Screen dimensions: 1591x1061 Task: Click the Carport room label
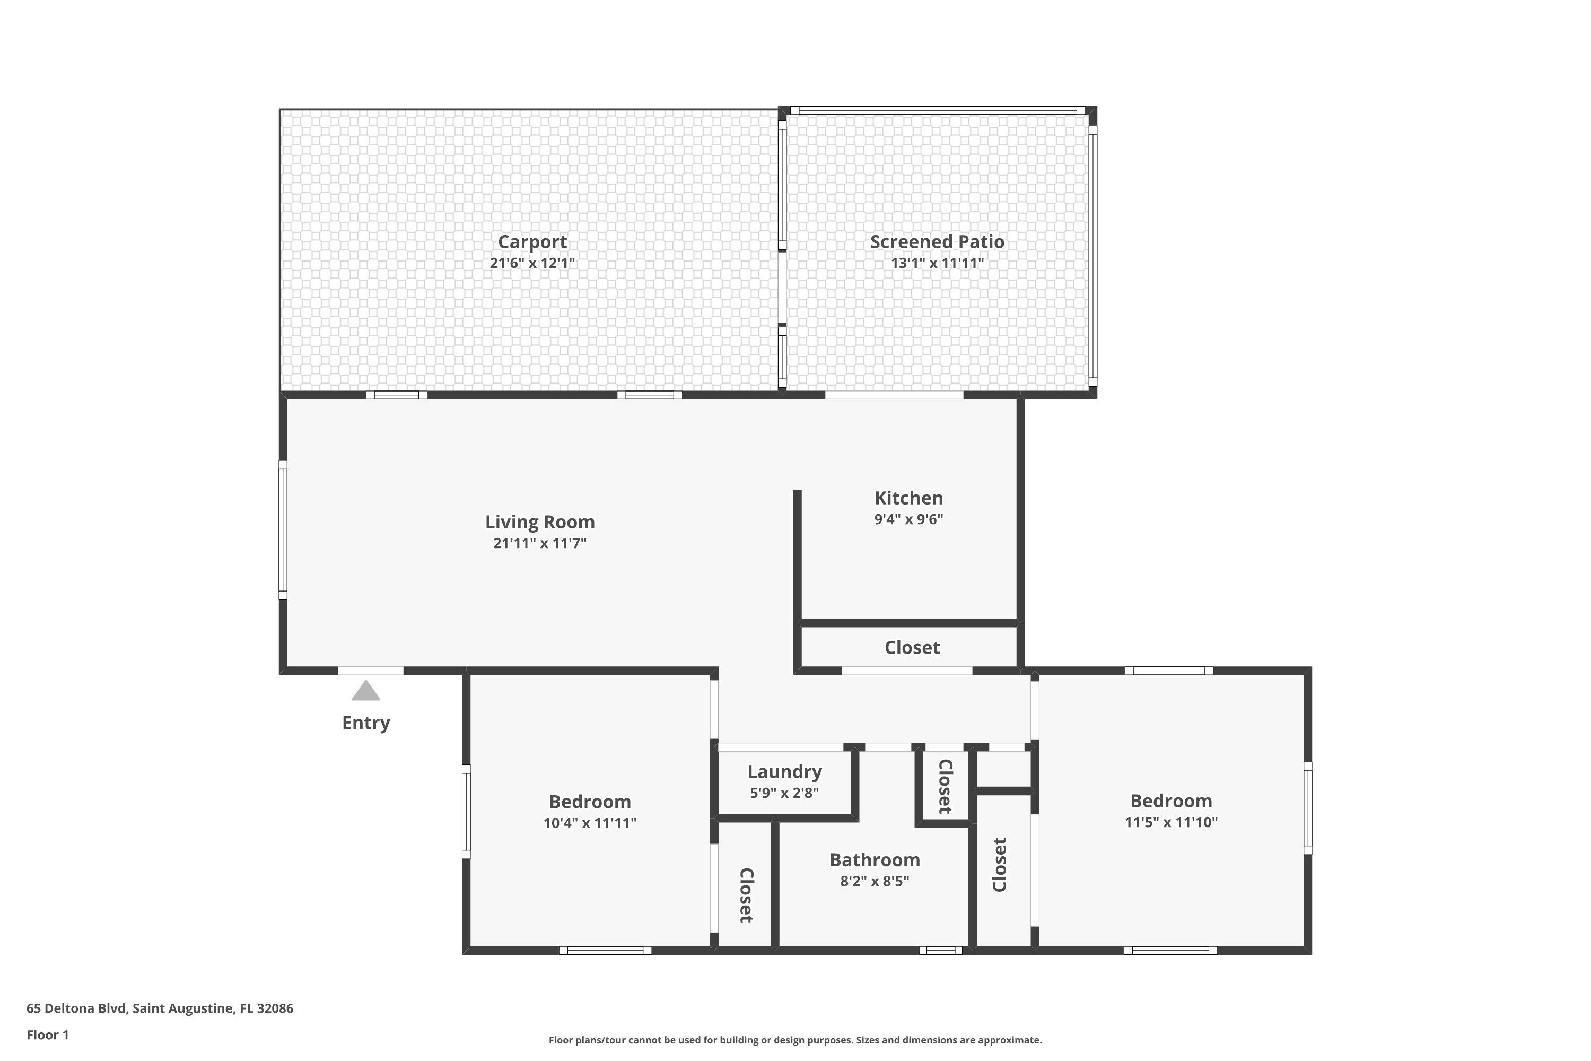click(x=532, y=242)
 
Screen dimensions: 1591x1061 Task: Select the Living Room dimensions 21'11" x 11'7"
click(x=540, y=543)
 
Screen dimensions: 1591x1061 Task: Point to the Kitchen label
click(x=908, y=498)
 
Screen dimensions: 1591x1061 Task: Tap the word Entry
click(x=366, y=723)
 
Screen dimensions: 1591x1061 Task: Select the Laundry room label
click(x=785, y=772)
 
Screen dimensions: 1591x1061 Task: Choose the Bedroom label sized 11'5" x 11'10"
click(x=1171, y=801)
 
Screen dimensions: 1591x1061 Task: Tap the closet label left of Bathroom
click(x=746, y=895)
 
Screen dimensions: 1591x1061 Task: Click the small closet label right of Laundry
click(x=946, y=786)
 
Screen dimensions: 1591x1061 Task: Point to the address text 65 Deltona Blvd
click(x=76, y=1008)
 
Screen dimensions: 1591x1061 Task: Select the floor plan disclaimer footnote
click(x=795, y=1040)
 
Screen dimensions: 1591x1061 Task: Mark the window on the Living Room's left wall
click(x=283, y=530)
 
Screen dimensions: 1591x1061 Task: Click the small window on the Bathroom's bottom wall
click(x=940, y=951)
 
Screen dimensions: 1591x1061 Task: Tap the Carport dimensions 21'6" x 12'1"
click(x=532, y=263)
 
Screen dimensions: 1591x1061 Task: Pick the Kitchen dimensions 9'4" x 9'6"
click(x=908, y=519)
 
